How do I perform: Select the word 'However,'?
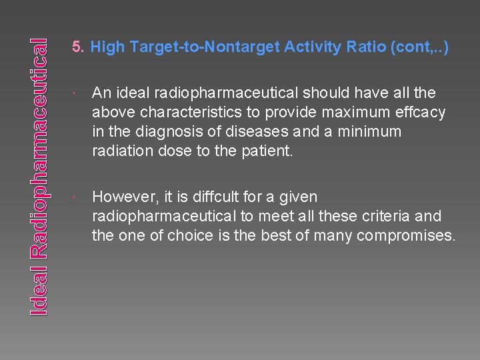coord(123,197)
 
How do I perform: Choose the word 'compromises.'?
coord(406,235)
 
